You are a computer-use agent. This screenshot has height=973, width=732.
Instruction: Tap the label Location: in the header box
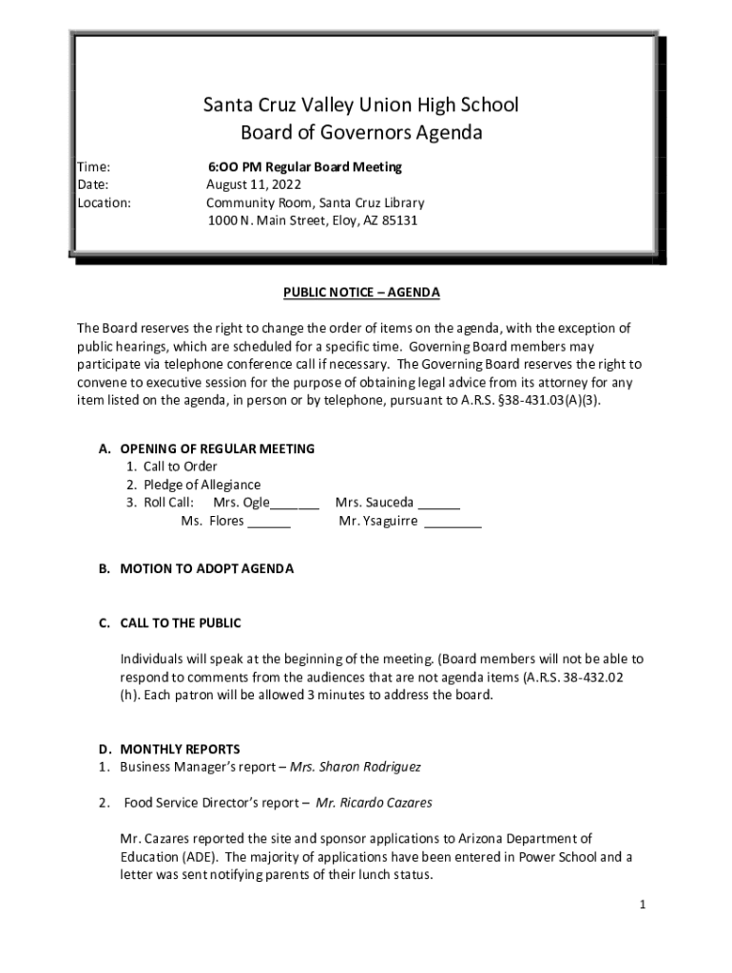(x=104, y=202)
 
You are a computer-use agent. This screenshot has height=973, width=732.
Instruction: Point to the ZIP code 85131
(x=398, y=220)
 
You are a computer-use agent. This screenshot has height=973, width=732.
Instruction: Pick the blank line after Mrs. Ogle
(x=295, y=505)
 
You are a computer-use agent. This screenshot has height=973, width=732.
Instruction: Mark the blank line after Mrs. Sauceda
(x=438, y=505)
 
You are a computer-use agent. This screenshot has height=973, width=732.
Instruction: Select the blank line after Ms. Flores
(x=269, y=523)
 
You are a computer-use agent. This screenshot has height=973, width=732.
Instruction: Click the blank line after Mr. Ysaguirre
(x=453, y=523)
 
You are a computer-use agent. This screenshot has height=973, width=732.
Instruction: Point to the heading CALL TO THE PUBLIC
(x=181, y=623)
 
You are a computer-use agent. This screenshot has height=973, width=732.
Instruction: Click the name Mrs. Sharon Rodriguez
(x=369, y=766)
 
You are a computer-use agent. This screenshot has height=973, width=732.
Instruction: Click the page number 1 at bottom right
(x=643, y=906)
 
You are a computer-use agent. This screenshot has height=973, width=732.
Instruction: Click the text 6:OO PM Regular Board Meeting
(x=305, y=166)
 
